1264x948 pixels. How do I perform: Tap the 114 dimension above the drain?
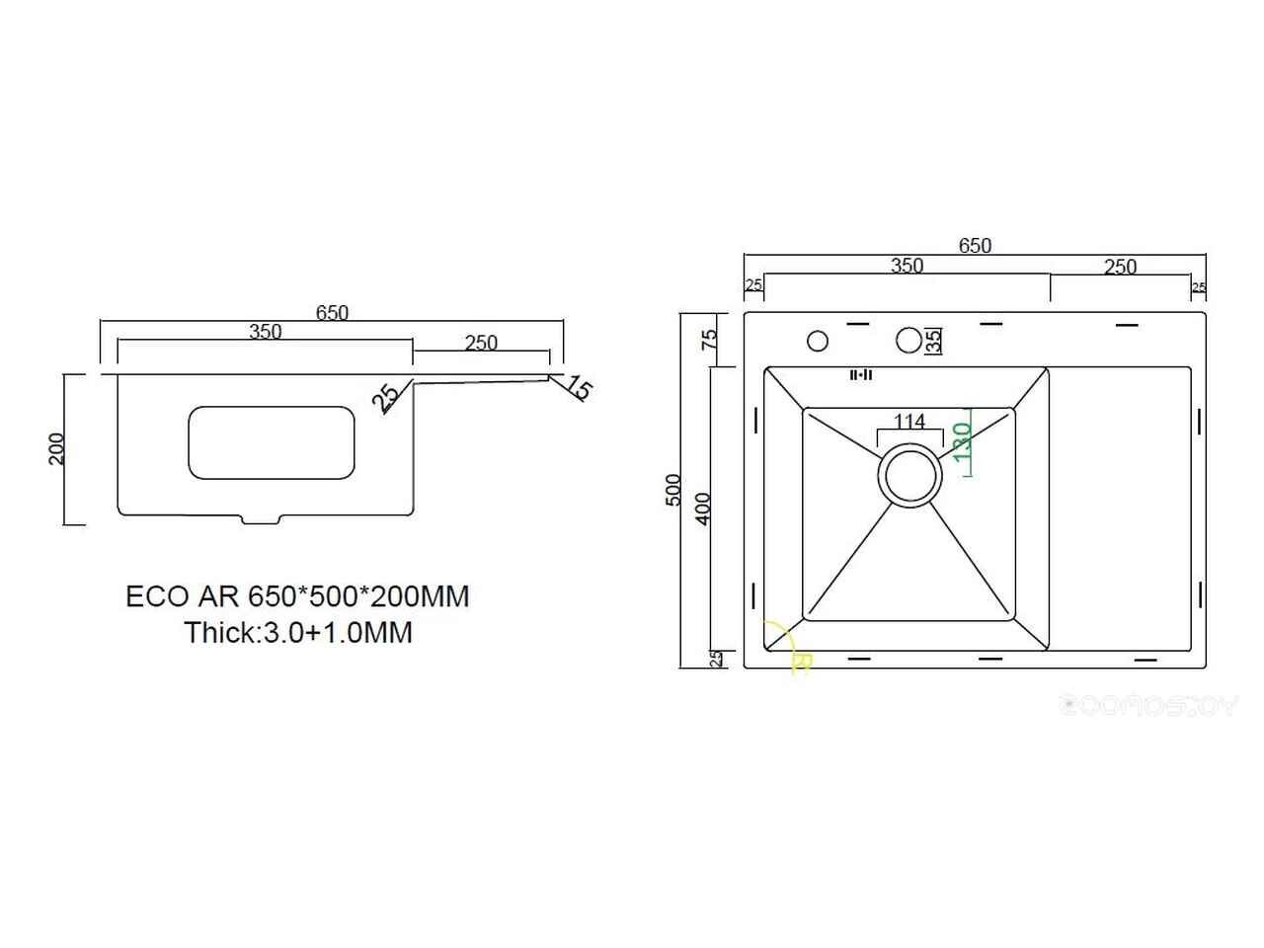pyautogui.click(x=908, y=422)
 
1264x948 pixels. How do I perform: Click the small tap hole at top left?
pyautogui.click(x=817, y=341)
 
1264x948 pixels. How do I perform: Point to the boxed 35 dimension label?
pyautogui.click(x=933, y=341)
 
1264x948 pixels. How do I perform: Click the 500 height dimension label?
pyautogui.click(x=674, y=490)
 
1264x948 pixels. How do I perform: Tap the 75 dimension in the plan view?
pyautogui.click(x=708, y=340)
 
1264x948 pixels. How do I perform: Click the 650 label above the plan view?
pyautogui.click(x=974, y=246)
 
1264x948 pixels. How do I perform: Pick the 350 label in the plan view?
pyautogui.click(x=907, y=265)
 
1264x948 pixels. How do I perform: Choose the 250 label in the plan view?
pyautogui.click(x=1120, y=266)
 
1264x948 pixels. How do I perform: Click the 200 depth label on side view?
pyautogui.click(x=57, y=449)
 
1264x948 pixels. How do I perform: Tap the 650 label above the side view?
pyautogui.click(x=332, y=312)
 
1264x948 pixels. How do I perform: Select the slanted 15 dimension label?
pyautogui.click(x=580, y=390)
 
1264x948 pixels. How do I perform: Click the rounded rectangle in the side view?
pyautogui.click(x=271, y=442)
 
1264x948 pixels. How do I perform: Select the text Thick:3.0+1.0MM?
pyautogui.click(x=298, y=632)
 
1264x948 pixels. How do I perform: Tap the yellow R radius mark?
pyautogui.click(x=801, y=663)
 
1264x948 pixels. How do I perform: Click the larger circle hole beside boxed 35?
pyautogui.click(x=908, y=340)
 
